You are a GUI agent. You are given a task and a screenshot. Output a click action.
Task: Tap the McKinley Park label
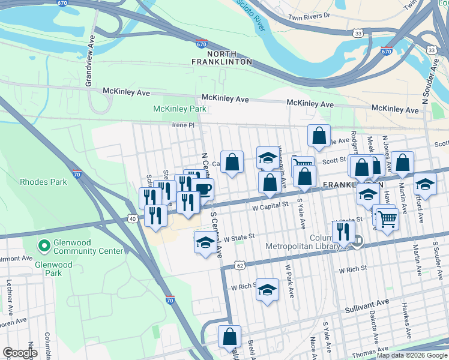179,109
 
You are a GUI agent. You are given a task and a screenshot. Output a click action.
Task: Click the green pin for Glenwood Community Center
43,245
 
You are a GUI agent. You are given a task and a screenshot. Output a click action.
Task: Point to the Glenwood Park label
53,269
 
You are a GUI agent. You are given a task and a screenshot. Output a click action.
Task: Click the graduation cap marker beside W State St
205,243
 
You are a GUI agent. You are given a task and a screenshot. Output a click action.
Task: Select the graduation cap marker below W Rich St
267,290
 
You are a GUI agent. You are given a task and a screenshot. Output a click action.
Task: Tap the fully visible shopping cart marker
387,220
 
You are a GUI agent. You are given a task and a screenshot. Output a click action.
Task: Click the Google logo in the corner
20,353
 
